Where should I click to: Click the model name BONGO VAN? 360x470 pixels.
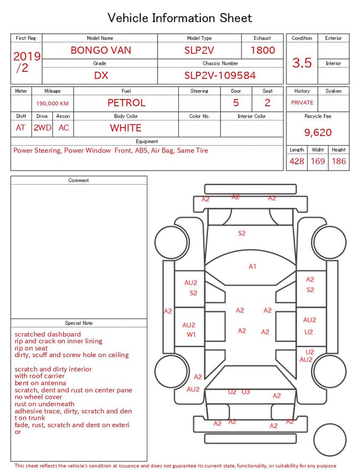(101, 50)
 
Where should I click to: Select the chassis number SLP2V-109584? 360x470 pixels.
(220, 75)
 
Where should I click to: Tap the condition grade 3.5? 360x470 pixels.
(302, 63)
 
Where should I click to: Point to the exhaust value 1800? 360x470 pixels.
(263, 50)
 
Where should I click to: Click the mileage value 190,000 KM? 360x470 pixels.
(52, 104)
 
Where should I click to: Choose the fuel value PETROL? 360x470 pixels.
(127, 103)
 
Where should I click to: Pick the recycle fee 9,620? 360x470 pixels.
(318, 132)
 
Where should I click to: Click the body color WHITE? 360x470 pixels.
(125, 128)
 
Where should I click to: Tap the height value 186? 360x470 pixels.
(339, 161)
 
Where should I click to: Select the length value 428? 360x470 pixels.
(297, 161)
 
